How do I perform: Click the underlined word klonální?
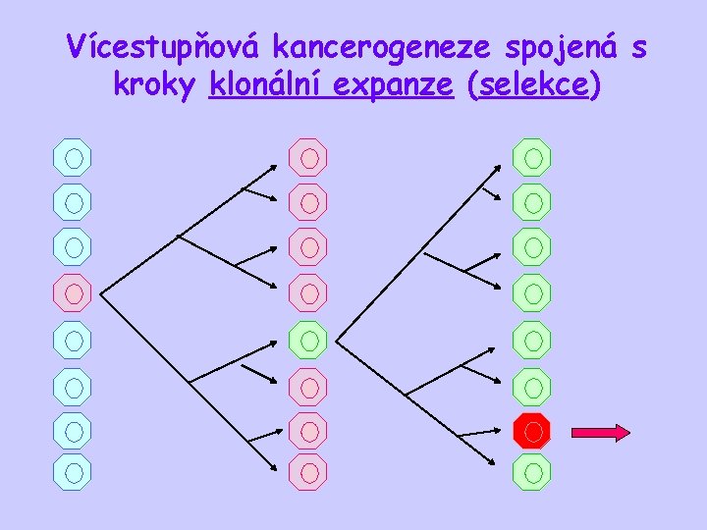coord(265,86)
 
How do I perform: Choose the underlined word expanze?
coord(393,86)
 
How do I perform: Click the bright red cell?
coord(532,430)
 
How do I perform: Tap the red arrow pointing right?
coord(600,431)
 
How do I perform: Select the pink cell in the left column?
coord(73,292)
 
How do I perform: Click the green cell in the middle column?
coord(308,341)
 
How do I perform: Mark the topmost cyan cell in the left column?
coord(73,156)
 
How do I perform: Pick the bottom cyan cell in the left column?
coord(73,471)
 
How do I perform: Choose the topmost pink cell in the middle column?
coord(308,156)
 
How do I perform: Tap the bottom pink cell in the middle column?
coord(308,471)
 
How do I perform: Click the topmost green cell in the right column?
coord(532,156)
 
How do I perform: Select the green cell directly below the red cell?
coord(532,472)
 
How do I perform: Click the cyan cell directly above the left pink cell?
coord(73,246)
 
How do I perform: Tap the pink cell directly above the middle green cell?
coord(308,292)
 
